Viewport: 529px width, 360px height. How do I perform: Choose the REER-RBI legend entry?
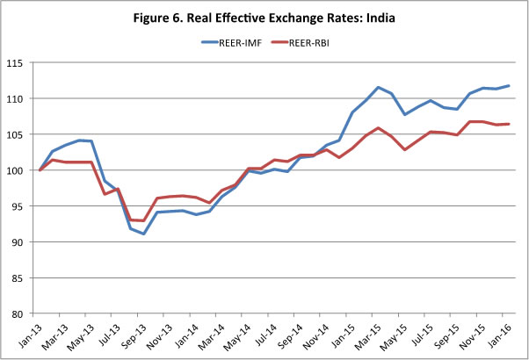(x=322, y=42)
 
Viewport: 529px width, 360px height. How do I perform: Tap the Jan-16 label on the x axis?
(x=498, y=335)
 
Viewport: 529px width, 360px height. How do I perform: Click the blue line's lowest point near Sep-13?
(x=144, y=234)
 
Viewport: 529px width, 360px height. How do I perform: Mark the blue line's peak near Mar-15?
(x=379, y=87)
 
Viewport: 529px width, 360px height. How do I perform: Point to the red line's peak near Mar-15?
(x=379, y=127)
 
